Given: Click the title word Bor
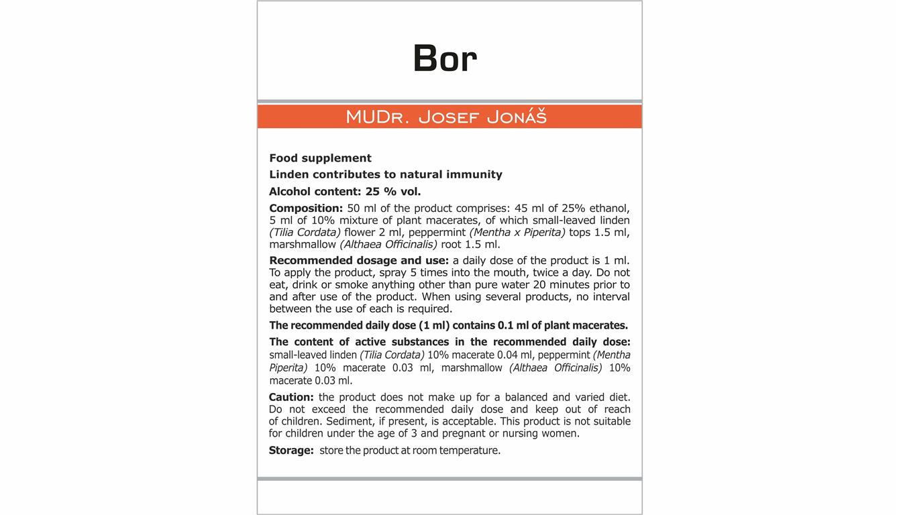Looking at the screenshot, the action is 445,58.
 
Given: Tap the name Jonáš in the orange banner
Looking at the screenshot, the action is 517,117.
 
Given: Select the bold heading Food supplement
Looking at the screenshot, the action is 320,158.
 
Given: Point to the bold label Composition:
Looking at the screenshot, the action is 306,208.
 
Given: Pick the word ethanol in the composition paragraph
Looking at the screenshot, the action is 609,208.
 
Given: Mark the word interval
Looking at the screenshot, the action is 609,296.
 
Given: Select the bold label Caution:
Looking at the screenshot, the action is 291,397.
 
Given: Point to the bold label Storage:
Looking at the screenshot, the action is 291,451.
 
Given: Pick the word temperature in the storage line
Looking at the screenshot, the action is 470,451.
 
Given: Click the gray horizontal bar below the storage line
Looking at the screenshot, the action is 449,479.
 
